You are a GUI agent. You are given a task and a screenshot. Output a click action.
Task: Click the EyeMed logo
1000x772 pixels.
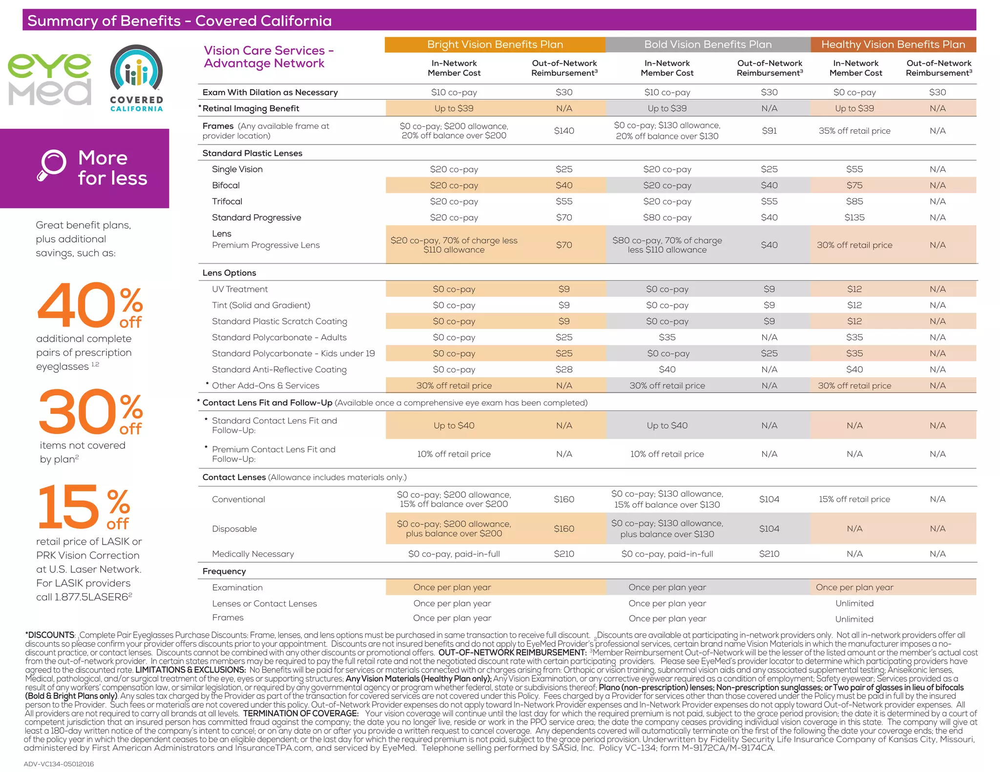pyautogui.click(x=49, y=79)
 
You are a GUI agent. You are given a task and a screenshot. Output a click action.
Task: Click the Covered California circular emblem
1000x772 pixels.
pyautogui.click(x=136, y=69)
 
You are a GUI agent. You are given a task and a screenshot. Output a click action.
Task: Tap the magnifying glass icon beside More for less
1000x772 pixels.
pyautogui.click(x=52, y=165)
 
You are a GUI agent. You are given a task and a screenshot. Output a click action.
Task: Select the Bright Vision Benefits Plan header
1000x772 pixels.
pyautogui.click(x=495, y=44)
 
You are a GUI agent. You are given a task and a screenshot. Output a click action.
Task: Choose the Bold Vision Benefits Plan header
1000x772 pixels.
pyautogui.click(x=708, y=44)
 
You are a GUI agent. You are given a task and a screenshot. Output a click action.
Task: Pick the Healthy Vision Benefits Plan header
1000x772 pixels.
pyautogui.click(x=893, y=44)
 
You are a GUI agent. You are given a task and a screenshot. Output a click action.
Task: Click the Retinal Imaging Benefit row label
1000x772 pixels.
pyautogui.click(x=250, y=108)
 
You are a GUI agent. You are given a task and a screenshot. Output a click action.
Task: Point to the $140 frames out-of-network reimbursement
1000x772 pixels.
pyautogui.click(x=564, y=131)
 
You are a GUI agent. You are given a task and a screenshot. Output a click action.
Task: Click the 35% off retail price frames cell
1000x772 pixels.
pyautogui.click(x=854, y=131)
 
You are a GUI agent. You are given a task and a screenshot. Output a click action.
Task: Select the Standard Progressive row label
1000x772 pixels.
pyautogui.click(x=256, y=218)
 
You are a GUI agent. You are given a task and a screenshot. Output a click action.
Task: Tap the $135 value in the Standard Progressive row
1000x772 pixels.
pyautogui.click(x=854, y=218)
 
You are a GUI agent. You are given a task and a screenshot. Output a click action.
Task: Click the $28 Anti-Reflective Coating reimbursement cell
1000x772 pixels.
pyautogui.click(x=564, y=369)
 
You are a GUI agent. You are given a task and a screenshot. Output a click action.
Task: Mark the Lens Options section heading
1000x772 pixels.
pyautogui.click(x=229, y=273)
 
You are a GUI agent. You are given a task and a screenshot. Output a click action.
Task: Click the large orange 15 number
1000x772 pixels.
pyautogui.click(x=68, y=508)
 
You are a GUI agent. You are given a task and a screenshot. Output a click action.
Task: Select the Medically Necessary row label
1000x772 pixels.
pyautogui.click(x=253, y=554)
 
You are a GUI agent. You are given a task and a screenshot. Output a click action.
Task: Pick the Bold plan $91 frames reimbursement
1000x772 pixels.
pyautogui.click(x=769, y=131)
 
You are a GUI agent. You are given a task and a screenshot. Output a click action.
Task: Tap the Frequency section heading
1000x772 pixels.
pyautogui.click(x=224, y=571)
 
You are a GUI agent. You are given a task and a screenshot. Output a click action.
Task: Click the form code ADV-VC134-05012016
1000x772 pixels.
pyautogui.click(x=59, y=764)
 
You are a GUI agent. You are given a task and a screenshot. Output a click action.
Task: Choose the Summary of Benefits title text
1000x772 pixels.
pyautogui.click(x=179, y=20)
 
